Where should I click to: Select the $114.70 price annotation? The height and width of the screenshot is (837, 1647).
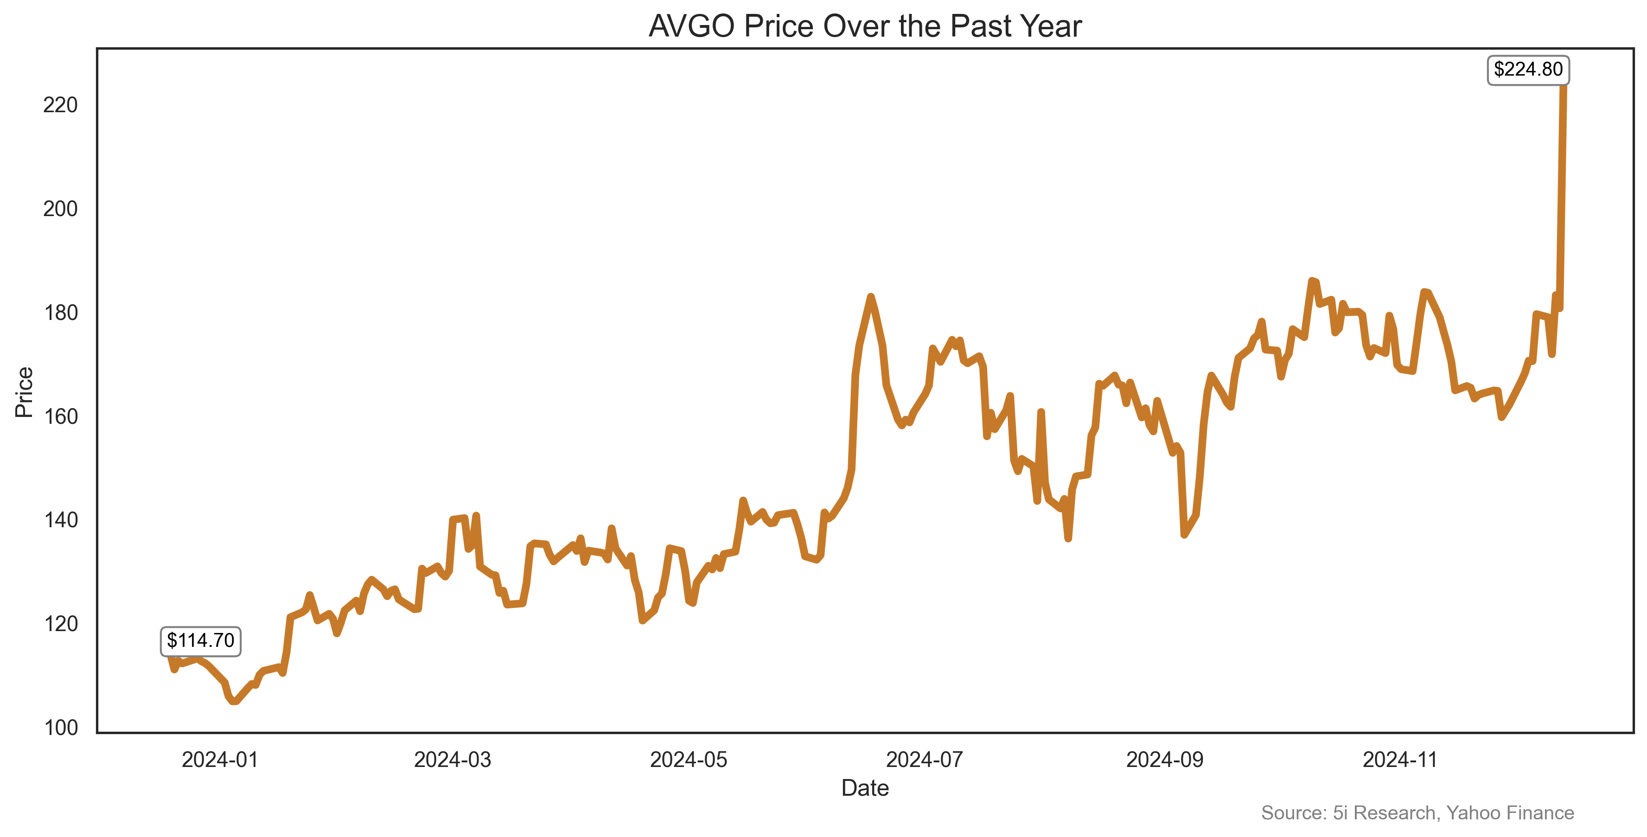(x=200, y=641)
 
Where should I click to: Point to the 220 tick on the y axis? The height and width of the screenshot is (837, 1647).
(x=60, y=105)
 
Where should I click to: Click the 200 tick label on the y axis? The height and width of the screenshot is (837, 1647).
(x=60, y=209)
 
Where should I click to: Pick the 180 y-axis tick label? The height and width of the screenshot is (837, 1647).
(x=60, y=313)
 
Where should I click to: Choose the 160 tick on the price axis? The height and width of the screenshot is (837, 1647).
(x=60, y=417)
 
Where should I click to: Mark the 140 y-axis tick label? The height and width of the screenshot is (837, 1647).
(x=60, y=520)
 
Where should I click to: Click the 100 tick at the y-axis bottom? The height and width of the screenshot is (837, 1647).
(x=60, y=728)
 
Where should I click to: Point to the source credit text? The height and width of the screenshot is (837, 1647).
(x=1417, y=813)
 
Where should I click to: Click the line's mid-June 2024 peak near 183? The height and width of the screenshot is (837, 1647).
(x=870, y=297)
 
